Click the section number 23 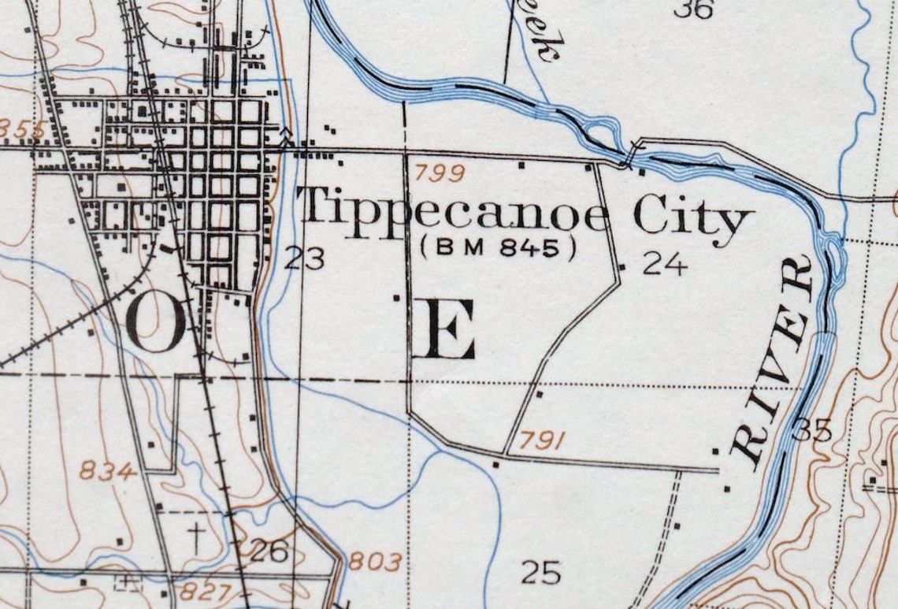pyautogui.click(x=304, y=258)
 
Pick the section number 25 pyautogui.click(x=541, y=572)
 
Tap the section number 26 pyautogui.click(x=268, y=551)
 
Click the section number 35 pyautogui.click(x=812, y=430)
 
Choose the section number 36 pyautogui.click(x=693, y=9)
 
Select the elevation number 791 pyautogui.click(x=543, y=441)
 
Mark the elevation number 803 pyautogui.click(x=375, y=562)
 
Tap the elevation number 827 pyautogui.click(x=202, y=592)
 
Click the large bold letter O pyautogui.click(x=155, y=323)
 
